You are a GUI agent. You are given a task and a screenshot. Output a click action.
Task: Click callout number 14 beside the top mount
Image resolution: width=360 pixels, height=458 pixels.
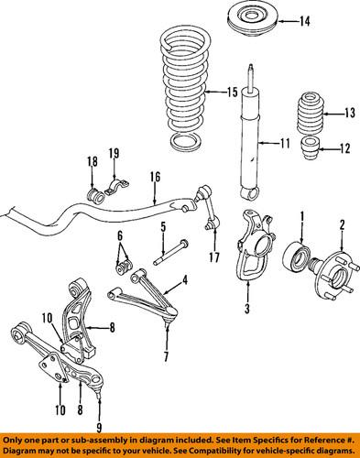(279, 21)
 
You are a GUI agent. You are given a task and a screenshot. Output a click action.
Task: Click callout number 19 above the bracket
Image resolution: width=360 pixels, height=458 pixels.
(115, 152)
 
